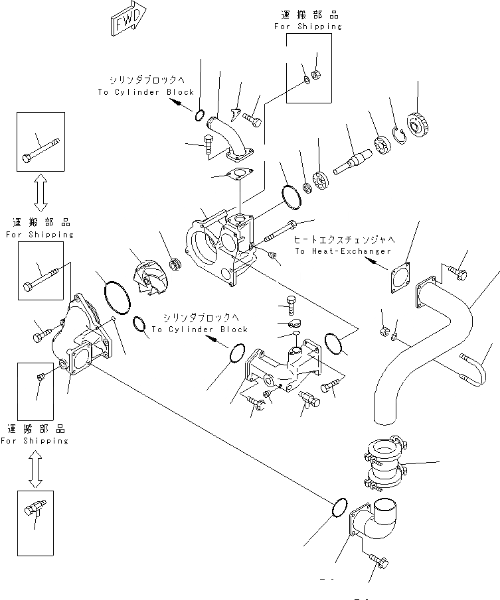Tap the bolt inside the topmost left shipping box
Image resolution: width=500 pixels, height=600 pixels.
[x=41, y=149]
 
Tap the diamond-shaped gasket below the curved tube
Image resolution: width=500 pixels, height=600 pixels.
[x=236, y=175]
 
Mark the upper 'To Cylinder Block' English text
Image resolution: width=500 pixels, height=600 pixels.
[x=145, y=92]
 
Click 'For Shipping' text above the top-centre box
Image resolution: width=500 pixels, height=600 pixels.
[x=308, y=27]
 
